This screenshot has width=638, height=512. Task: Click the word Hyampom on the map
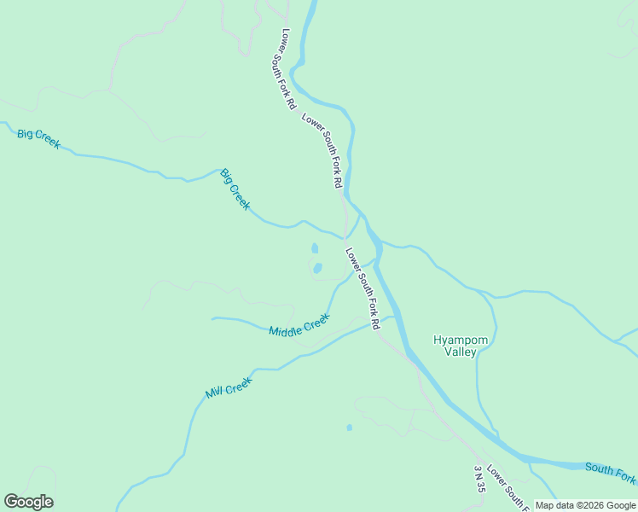tap(461, 340)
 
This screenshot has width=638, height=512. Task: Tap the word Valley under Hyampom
tap(461, 352)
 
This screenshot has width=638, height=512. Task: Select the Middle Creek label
tap(299, 325)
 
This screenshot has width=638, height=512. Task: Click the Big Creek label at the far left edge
tap(38, 138)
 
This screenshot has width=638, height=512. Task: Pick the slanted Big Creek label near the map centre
tap(235, 189)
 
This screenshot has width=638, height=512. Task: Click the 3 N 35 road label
tap(480, 479)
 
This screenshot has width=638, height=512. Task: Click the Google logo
tap(28, 502)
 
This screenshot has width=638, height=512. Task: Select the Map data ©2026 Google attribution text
tap(584, 505)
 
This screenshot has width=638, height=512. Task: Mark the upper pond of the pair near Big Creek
tap(315, 248)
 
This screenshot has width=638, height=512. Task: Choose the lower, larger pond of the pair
tap(317, 268)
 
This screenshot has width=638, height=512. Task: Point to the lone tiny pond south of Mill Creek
tap(349, 428)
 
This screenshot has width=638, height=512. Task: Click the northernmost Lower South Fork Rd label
tap(288, 68)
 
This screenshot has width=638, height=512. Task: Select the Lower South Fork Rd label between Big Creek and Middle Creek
tap(362, 288)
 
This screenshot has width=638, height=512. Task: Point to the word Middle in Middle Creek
tap(286, 329)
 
